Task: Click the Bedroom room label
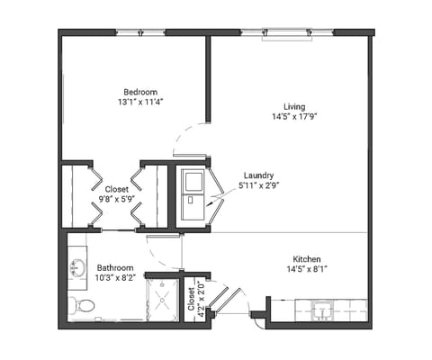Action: click(140, 92)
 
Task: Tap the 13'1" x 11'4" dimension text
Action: click(140, 103)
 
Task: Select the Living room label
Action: click(289, 105)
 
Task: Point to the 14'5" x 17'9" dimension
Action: click(289, 116)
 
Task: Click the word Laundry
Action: click(258, 175)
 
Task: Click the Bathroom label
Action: click(115, 267)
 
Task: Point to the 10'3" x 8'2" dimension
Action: click(115, 278)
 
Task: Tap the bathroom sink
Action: click(77, 267)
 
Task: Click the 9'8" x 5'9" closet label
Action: click(116, 195)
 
